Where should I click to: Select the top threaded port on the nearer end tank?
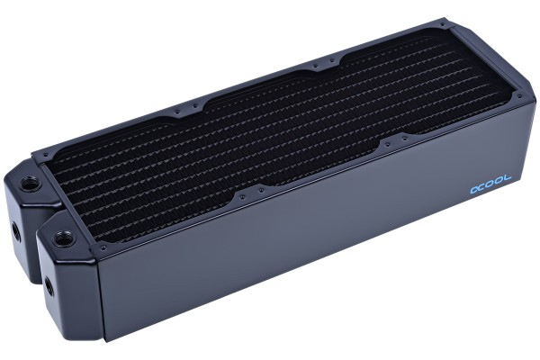point(65,239)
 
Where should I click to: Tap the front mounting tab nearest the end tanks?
point(251,192)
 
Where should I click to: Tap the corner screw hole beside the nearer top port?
point(103,246)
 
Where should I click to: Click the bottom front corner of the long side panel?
point(106,339)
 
